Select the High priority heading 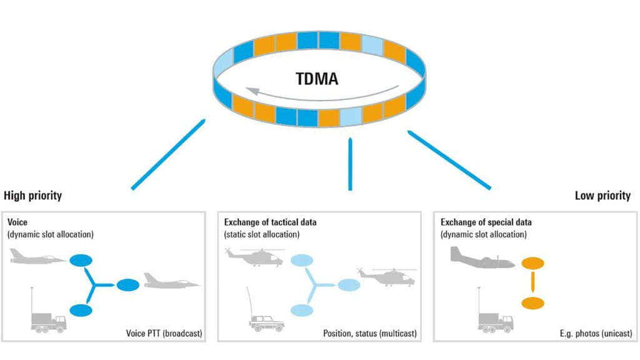pyautogui.click(x=33, y=196)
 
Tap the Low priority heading pyautogui.click(x=602, y=196)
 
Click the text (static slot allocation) pyautogui.click(x=262, y=234)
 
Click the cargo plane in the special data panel pyautogui.click(x=482, y=257)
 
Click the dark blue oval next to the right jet pyautogui.click(x=128, y=285)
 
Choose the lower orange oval pyautogui.click(x=532, y=304)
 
